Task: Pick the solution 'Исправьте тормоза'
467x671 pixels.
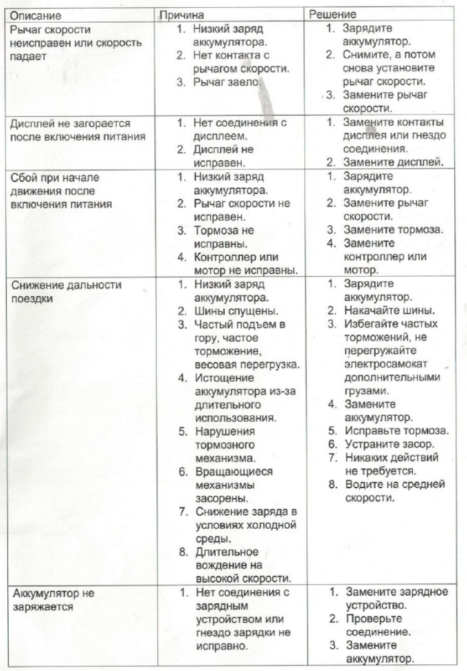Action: coord(390,431)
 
